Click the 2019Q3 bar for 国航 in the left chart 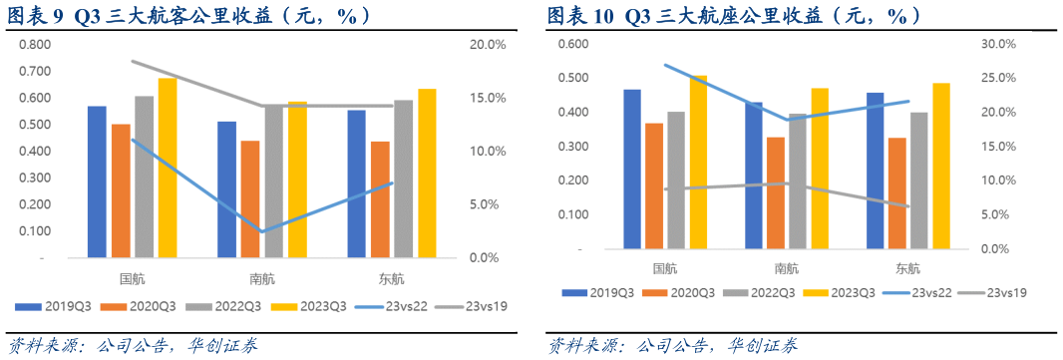[x=97, y=181]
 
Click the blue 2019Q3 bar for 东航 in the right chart [x=875, y=171]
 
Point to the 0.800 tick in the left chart [x=35, y=45]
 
